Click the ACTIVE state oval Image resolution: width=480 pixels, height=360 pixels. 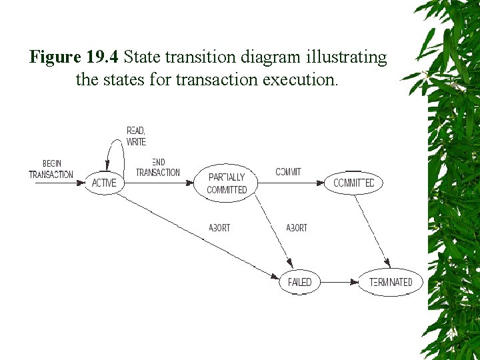[x=104, y=183]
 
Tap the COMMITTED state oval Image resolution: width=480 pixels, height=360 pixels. [x=353, y=183]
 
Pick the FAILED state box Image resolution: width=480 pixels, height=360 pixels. [x=299, y=282]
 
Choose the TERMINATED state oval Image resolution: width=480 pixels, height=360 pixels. [x=391, y=282]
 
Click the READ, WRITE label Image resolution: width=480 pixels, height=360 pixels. [x=136, y=136]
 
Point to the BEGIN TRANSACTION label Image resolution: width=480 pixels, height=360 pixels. [x=51, y=169]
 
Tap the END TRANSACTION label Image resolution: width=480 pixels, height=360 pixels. [x=158, y=167]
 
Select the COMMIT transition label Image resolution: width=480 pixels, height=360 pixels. [x=288, y=172]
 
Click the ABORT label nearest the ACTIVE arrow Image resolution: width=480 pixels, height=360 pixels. [x=219, y=228]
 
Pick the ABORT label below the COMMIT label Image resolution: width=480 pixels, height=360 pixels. [x=297, y=228]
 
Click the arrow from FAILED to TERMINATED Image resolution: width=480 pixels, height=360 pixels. [x=339, y=282]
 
